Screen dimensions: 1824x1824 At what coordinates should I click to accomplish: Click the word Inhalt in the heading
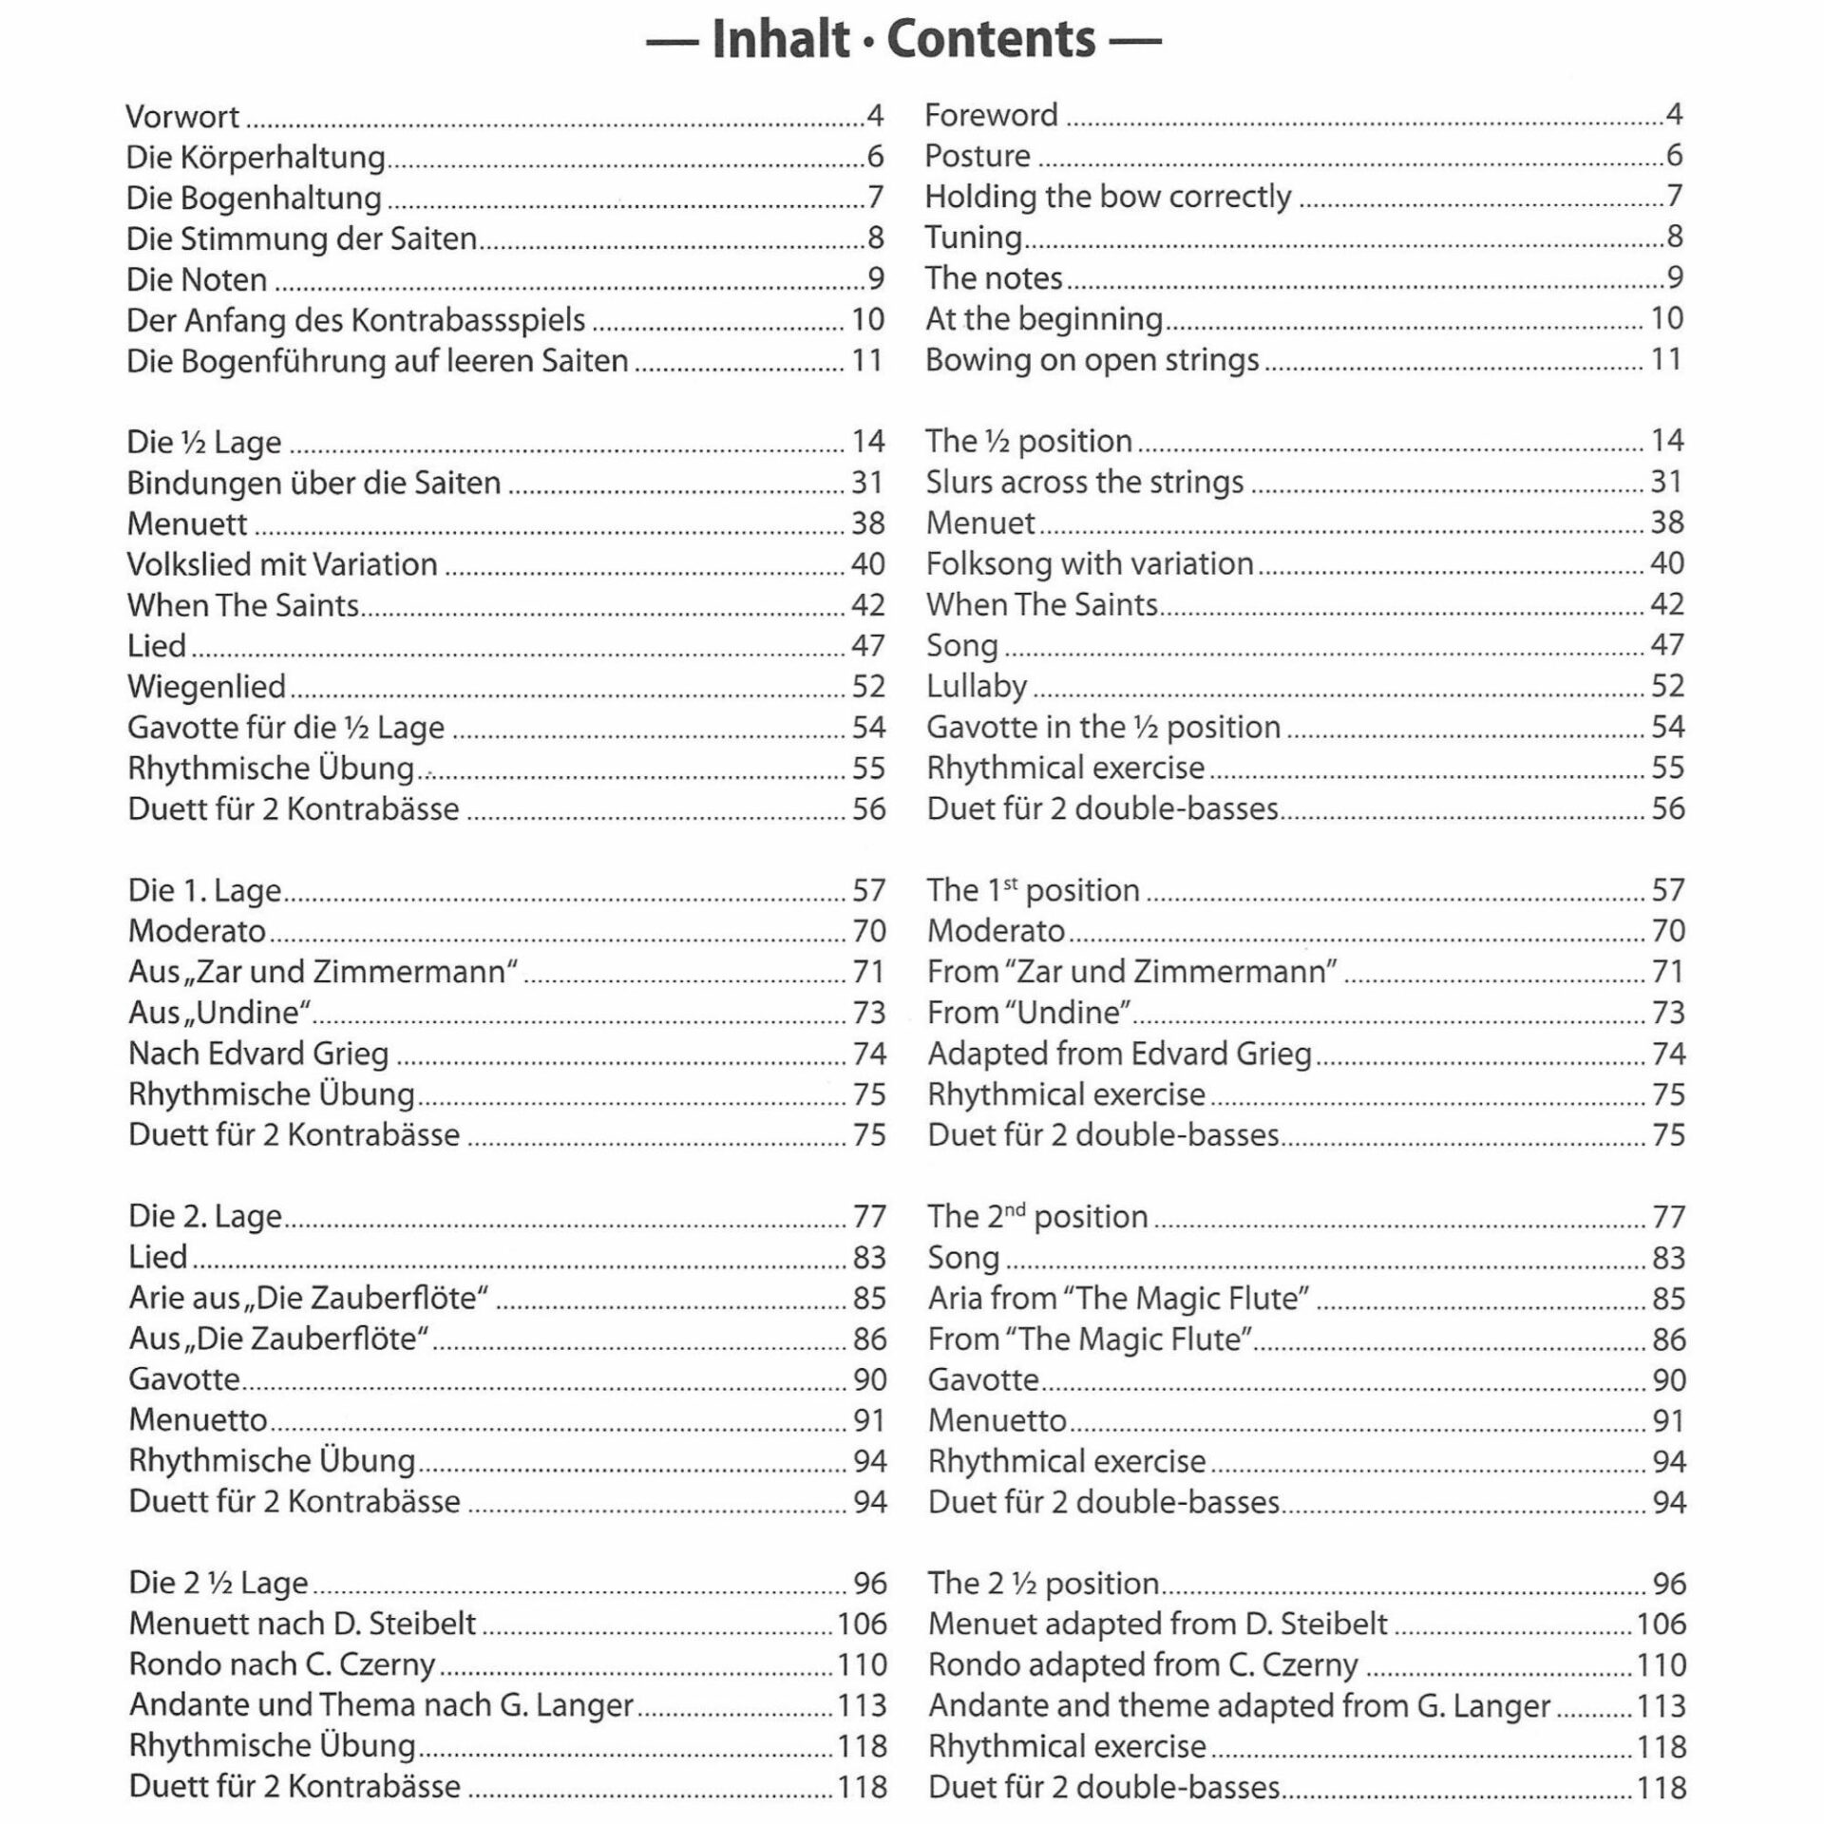(780, 40)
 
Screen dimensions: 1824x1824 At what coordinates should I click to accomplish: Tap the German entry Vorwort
(182, 117)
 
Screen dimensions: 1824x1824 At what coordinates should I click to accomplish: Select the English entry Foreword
(991, 115)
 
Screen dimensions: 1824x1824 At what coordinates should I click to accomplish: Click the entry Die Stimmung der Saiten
(301, 238)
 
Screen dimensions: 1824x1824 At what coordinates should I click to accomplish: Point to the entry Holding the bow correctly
(1108, 197)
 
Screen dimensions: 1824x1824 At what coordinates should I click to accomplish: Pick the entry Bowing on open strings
(1092, 360)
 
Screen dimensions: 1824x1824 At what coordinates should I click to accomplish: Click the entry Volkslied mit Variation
(282, 564)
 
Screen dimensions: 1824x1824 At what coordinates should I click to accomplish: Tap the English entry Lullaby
(977, 686)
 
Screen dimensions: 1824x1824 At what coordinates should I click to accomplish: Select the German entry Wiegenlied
(206, 687)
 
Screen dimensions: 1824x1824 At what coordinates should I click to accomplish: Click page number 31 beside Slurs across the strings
(1666, 483)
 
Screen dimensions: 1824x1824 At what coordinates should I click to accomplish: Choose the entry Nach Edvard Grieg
(258, 1054)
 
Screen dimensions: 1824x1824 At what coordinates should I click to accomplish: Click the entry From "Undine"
(1029, 1013)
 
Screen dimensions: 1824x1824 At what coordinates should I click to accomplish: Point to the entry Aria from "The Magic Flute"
(1118, 1298)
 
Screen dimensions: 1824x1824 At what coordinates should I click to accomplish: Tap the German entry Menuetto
(198, 1420)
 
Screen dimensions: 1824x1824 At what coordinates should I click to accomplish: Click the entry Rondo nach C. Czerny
(282, 1665)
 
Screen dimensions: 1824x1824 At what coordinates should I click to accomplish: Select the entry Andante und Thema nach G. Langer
(381, 1706)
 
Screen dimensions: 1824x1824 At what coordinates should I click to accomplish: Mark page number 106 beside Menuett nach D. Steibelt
(861, 1624)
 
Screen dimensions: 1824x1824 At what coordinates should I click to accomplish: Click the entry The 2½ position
(1043, 1584)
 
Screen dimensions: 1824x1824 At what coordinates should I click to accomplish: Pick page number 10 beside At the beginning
(1666, 319)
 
